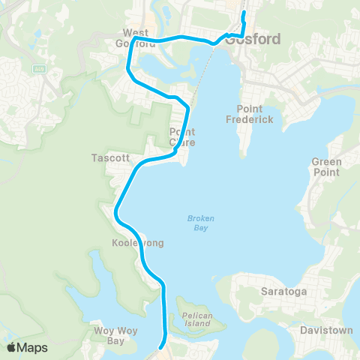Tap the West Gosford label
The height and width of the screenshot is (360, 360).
(135, 38)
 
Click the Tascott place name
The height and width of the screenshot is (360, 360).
(110, 158)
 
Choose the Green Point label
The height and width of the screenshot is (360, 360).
(326, 166)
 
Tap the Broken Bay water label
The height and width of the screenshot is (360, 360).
(200, 223)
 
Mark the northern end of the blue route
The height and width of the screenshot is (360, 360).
(244, 13)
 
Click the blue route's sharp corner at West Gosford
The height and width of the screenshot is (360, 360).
(132, 40)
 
